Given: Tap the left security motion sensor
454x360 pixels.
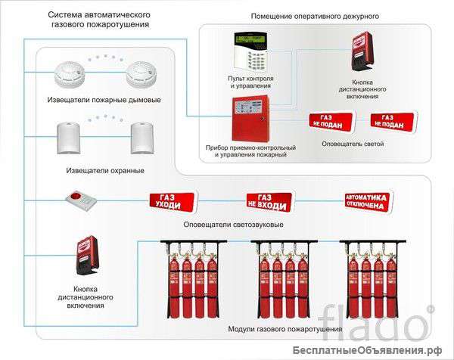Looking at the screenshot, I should tap(69, 137).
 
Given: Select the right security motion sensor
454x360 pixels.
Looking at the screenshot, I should tap(145, 137).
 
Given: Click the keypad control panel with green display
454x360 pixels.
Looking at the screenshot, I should tap(251, 50).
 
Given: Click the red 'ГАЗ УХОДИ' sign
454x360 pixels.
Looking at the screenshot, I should tap(171, 201).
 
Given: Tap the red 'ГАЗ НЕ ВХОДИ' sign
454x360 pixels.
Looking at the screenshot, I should tap(269, 201).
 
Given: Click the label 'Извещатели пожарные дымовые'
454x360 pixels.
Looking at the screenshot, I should tap(113, 100).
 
